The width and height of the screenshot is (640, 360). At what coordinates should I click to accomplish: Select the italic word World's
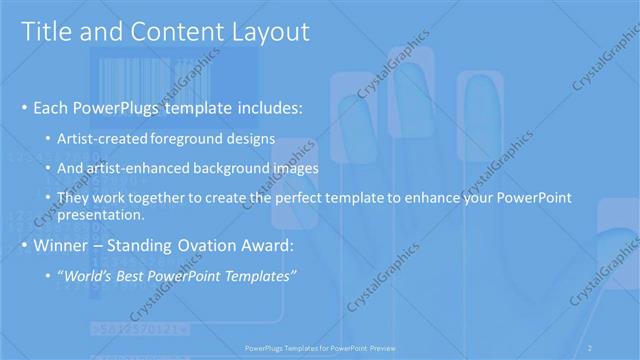(90, 276)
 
